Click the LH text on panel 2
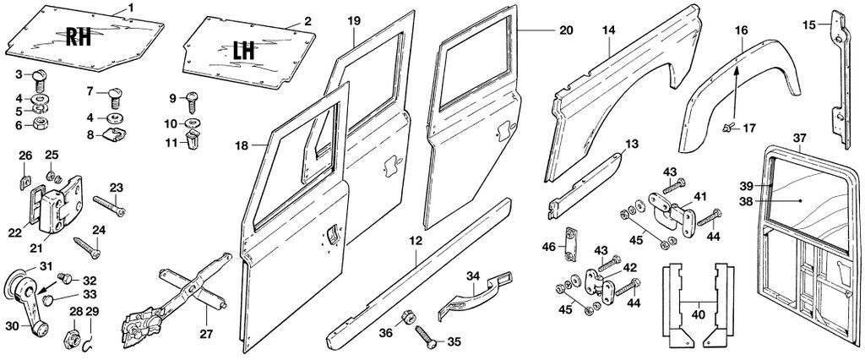243,50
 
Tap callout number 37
800,137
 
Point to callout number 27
207,334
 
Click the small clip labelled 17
727,128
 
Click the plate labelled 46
569,243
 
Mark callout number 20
567,30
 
